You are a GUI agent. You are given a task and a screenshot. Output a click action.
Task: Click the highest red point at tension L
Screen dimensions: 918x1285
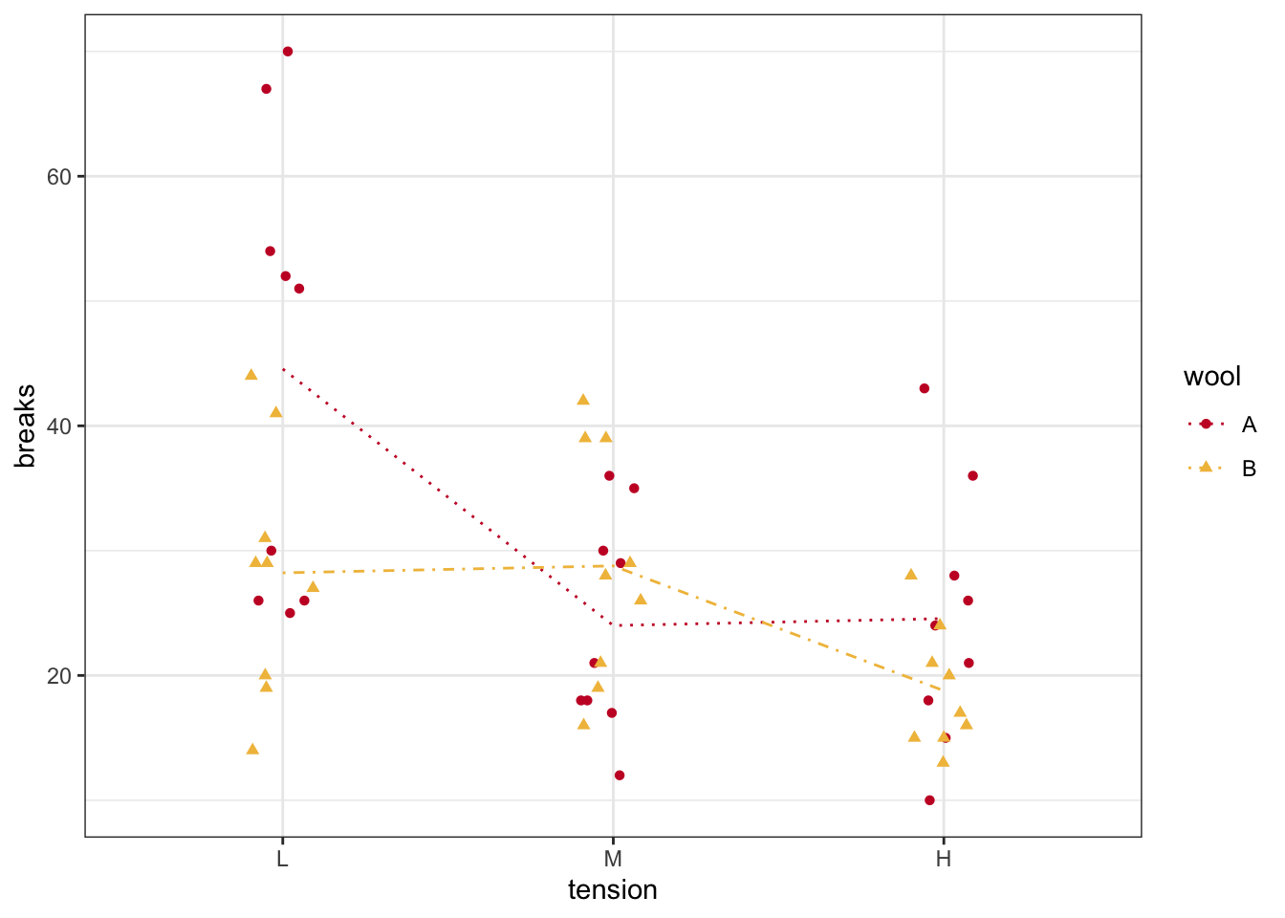288,52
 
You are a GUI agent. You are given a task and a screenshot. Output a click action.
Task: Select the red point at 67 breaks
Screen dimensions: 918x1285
266,89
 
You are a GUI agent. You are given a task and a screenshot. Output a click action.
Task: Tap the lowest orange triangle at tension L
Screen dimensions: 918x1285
252,749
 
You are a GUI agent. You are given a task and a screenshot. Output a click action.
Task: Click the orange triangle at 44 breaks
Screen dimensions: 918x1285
251,375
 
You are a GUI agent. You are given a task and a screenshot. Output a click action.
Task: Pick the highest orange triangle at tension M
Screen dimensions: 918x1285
583,400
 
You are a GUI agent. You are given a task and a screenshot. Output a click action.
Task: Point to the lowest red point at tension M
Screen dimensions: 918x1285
620,776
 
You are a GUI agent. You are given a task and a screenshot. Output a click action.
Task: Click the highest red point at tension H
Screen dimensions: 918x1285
925,388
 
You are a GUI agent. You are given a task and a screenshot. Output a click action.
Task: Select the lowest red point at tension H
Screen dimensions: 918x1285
929,800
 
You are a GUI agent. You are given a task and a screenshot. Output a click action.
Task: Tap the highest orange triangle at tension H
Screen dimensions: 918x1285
911,575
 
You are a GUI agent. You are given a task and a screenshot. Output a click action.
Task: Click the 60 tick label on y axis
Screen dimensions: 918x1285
59,177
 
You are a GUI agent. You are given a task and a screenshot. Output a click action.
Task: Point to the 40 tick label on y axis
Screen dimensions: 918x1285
59,426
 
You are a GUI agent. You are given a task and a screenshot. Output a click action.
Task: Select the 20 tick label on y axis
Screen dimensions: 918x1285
59,676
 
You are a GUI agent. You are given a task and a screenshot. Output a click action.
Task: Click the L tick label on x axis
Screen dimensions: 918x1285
282,859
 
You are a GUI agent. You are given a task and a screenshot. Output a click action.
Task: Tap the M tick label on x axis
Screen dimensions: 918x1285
613,859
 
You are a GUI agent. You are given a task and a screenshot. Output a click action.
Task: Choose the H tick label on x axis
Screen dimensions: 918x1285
944,859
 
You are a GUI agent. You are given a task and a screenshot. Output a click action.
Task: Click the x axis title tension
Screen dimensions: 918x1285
613,890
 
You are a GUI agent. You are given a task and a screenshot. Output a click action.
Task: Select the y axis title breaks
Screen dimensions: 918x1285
26,426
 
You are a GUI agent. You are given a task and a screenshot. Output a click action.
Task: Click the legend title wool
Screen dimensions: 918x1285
1211,377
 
